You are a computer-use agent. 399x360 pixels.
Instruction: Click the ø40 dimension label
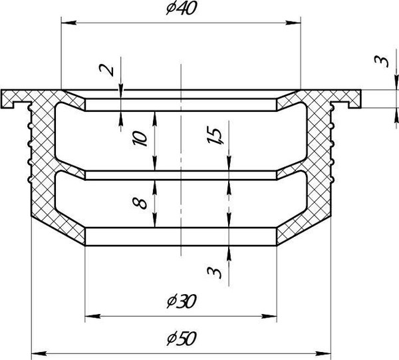point(182,8)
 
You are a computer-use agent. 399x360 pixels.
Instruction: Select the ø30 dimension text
point(182,301)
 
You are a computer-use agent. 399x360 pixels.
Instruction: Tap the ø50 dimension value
point(182,339)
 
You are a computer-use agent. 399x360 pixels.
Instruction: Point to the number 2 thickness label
point(107,70)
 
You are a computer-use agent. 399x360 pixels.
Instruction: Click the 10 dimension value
point(140,138)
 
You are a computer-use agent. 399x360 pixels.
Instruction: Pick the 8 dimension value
point(140,204)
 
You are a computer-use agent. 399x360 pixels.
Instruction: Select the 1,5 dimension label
point(215,136)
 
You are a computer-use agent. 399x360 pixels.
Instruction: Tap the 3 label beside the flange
point(382,62)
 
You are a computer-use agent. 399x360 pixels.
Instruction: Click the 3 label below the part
point(214,272)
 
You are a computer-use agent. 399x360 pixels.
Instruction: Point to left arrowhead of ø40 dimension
point(68,23)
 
